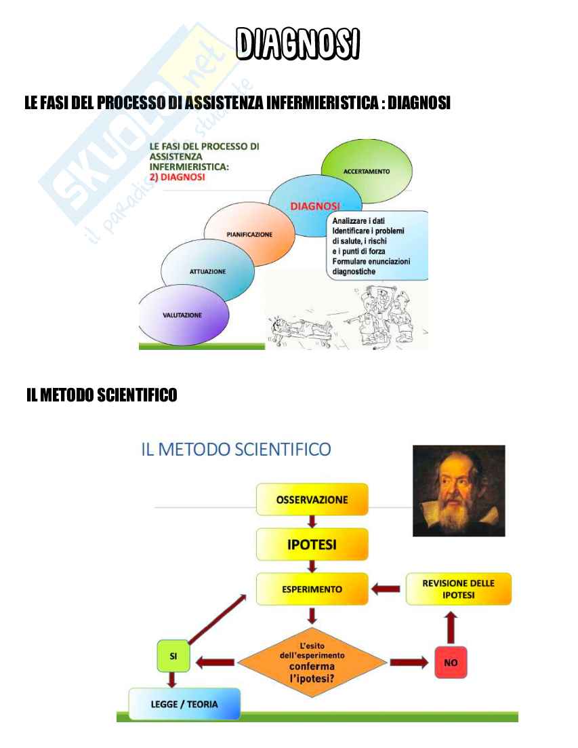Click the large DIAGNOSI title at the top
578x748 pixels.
pos(297,44)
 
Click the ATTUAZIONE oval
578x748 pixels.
pos(207,271)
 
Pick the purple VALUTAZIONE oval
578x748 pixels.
pos(182,315)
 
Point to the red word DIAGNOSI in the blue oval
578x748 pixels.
pos(315,205)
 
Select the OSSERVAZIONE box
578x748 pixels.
pos(312,500)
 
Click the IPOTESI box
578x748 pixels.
pos(312,545)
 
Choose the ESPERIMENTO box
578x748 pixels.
pos(312,589)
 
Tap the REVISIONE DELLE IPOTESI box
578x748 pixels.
pos(458,589)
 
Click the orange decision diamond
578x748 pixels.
pos(312,662)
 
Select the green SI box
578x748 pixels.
pos(172,657)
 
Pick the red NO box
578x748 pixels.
pos(451,662)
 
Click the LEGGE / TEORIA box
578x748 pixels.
pos(184,704)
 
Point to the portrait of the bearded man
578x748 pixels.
pos(459,490)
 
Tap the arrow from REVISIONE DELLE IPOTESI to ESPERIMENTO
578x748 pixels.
pos(386,589)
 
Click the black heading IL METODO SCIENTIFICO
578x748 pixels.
pos(102,395)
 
